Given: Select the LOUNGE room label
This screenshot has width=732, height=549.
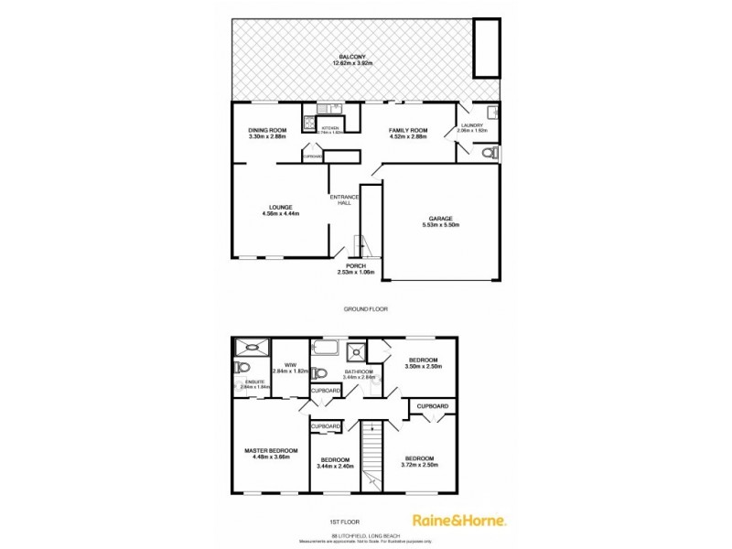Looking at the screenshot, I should (281, 208).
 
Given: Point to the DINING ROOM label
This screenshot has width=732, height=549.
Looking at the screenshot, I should (267, 131).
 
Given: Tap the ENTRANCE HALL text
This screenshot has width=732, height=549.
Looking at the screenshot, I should (345, 199).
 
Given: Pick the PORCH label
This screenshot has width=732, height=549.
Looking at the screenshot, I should (355, 265).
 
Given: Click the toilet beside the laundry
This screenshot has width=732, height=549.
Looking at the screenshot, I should (491, 153).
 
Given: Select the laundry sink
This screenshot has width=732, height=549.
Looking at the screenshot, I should (493, 113).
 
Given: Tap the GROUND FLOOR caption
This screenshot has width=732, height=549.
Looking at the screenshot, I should (365, 309).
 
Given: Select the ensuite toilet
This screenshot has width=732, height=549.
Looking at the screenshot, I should (240, 368).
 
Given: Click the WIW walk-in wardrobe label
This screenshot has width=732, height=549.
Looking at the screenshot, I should (291, 366).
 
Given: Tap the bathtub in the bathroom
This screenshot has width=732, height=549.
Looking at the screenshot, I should (327, 348).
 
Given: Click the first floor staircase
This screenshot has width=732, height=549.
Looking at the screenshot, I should (371, 453).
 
